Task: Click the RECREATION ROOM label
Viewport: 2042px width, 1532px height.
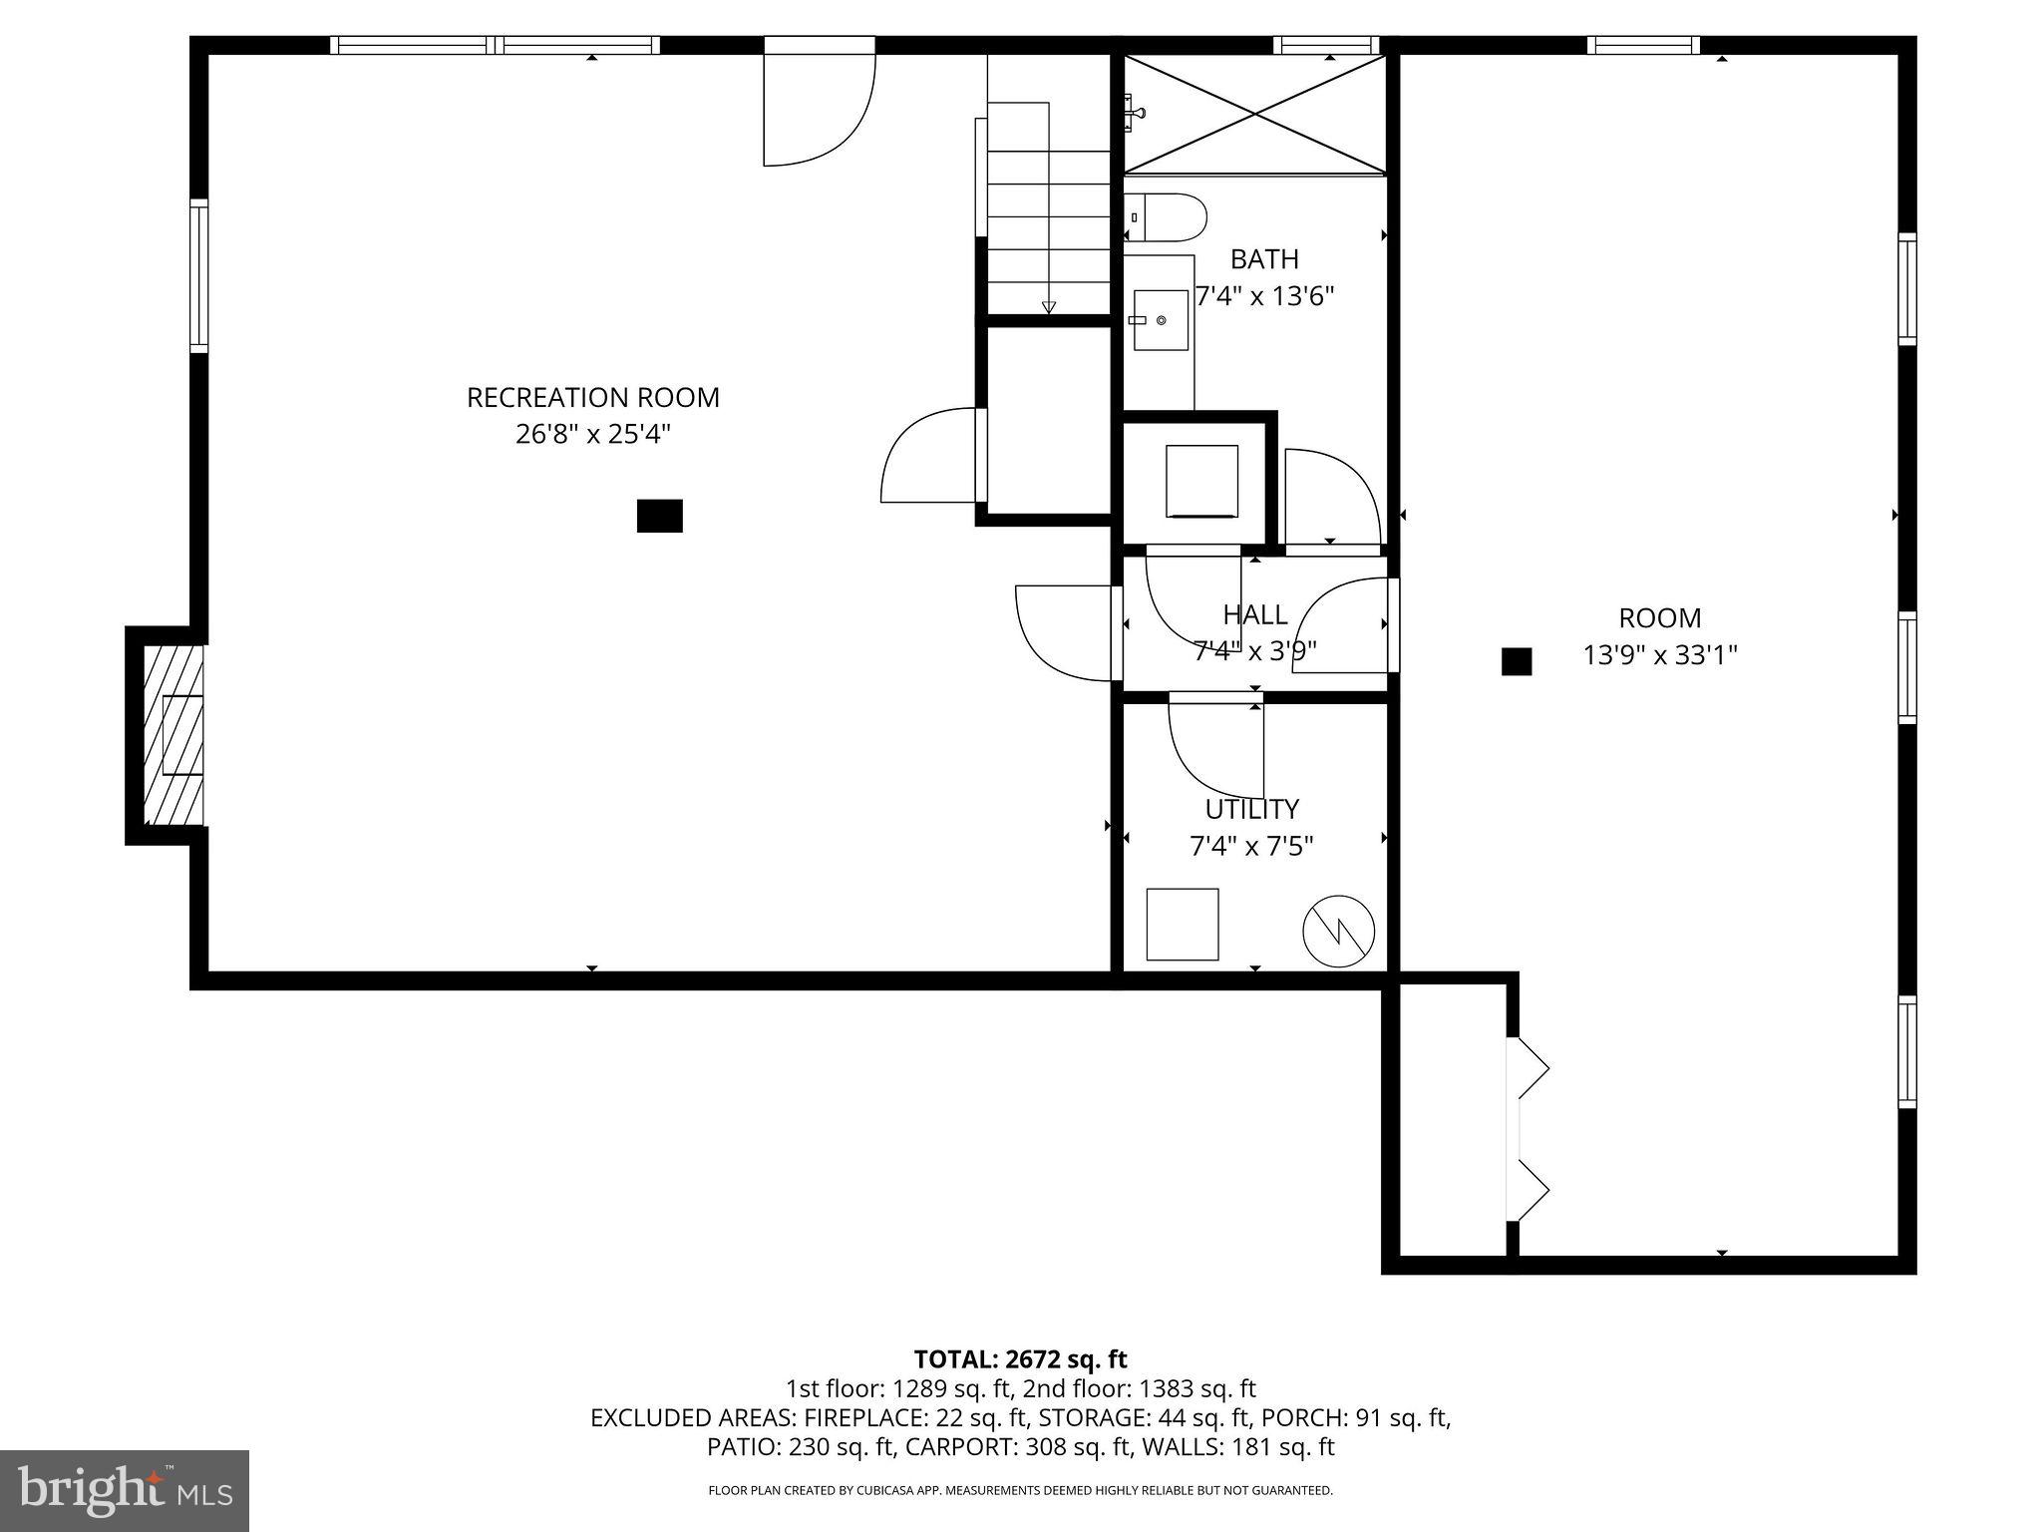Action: (x=592, y=397)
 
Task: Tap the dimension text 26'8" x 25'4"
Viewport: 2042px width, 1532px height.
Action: (x=592, y=435)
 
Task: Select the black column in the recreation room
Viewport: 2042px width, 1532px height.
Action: (x=659, y=516)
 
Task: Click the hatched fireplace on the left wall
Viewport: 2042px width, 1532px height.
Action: (x=173, y=735)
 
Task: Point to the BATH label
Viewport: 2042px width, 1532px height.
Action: (x=1263, y=259)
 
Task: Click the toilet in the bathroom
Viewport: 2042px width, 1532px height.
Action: (x=1169, y=217)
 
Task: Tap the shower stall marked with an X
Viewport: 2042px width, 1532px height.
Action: (x=1254, y=115)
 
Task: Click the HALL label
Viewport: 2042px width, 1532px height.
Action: (x=1254, y=614)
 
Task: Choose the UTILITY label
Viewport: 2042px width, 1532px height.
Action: (x=1251, y=809)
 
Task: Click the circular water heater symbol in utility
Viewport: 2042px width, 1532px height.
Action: (x=1338, y=931)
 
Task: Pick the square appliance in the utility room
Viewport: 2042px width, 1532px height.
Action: (x=1182, y=924)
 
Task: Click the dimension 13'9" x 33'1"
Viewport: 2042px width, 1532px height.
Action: (x=1660, y=655)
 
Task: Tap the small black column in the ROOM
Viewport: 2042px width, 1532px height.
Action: (x=1516, y=661)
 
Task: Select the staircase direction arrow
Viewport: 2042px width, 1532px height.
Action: (x=1048, y=306)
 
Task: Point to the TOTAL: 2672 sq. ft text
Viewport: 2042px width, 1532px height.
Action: (x=1020, y=1358)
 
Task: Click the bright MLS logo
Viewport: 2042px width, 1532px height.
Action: (x=124, y=1490)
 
